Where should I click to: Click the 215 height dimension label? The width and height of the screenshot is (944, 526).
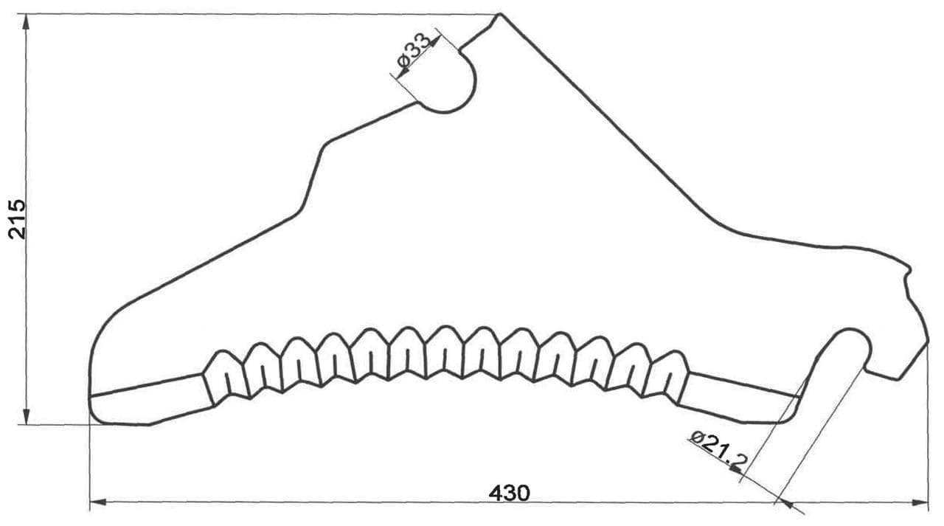click(x=18, y=220)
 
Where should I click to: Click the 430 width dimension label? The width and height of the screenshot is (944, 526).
click(x=509, y=493)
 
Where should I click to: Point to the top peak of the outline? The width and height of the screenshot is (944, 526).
click(x=500, y=14)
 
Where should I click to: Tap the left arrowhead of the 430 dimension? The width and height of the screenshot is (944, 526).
click(x=98, y=502)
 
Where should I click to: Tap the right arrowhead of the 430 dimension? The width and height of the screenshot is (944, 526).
click(x=920, y=502)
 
